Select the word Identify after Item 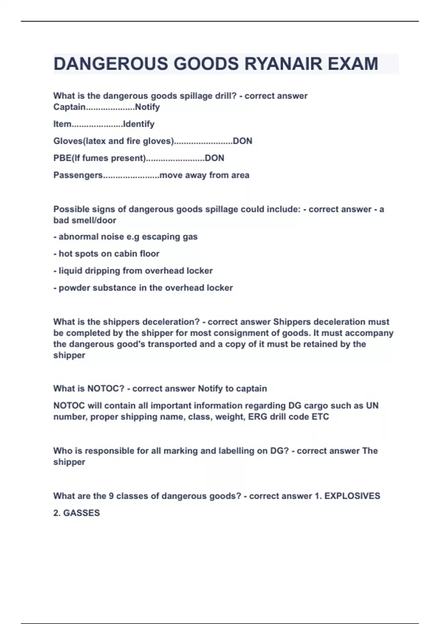139,124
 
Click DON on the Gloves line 243,141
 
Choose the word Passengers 78,175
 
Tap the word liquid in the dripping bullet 70,271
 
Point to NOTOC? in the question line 106,388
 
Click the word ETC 320,417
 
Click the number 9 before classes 111,496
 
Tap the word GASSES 81,513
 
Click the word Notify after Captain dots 147,107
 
